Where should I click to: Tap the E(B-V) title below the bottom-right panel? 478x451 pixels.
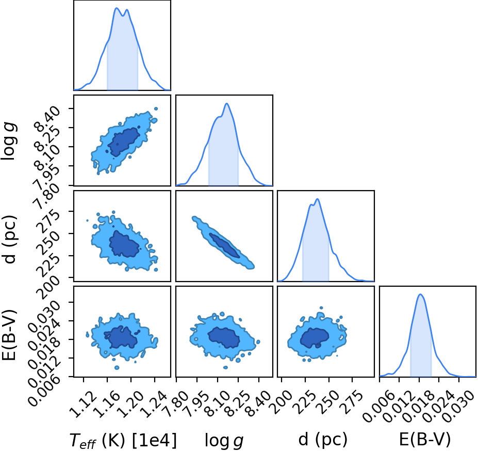click(x=425, y=440)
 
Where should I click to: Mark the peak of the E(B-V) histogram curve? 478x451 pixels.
click(x=421, y=294)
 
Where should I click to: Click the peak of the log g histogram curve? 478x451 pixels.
click(x=226, y=103)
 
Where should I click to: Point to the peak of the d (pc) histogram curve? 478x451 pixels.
click(x=317, y=199)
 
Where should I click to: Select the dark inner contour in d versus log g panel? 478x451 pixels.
click(x=224, y=245)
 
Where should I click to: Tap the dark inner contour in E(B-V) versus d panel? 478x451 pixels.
click(x=315, y=338)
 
